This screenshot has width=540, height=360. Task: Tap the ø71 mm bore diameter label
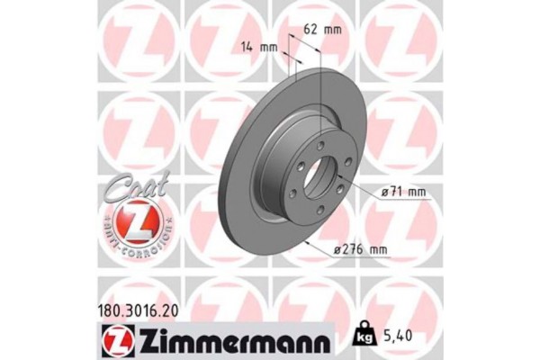(x=401, y=191)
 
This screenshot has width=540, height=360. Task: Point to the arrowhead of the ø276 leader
(x=306, y=243)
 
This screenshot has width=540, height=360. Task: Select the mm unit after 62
(x=332, y=30)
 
